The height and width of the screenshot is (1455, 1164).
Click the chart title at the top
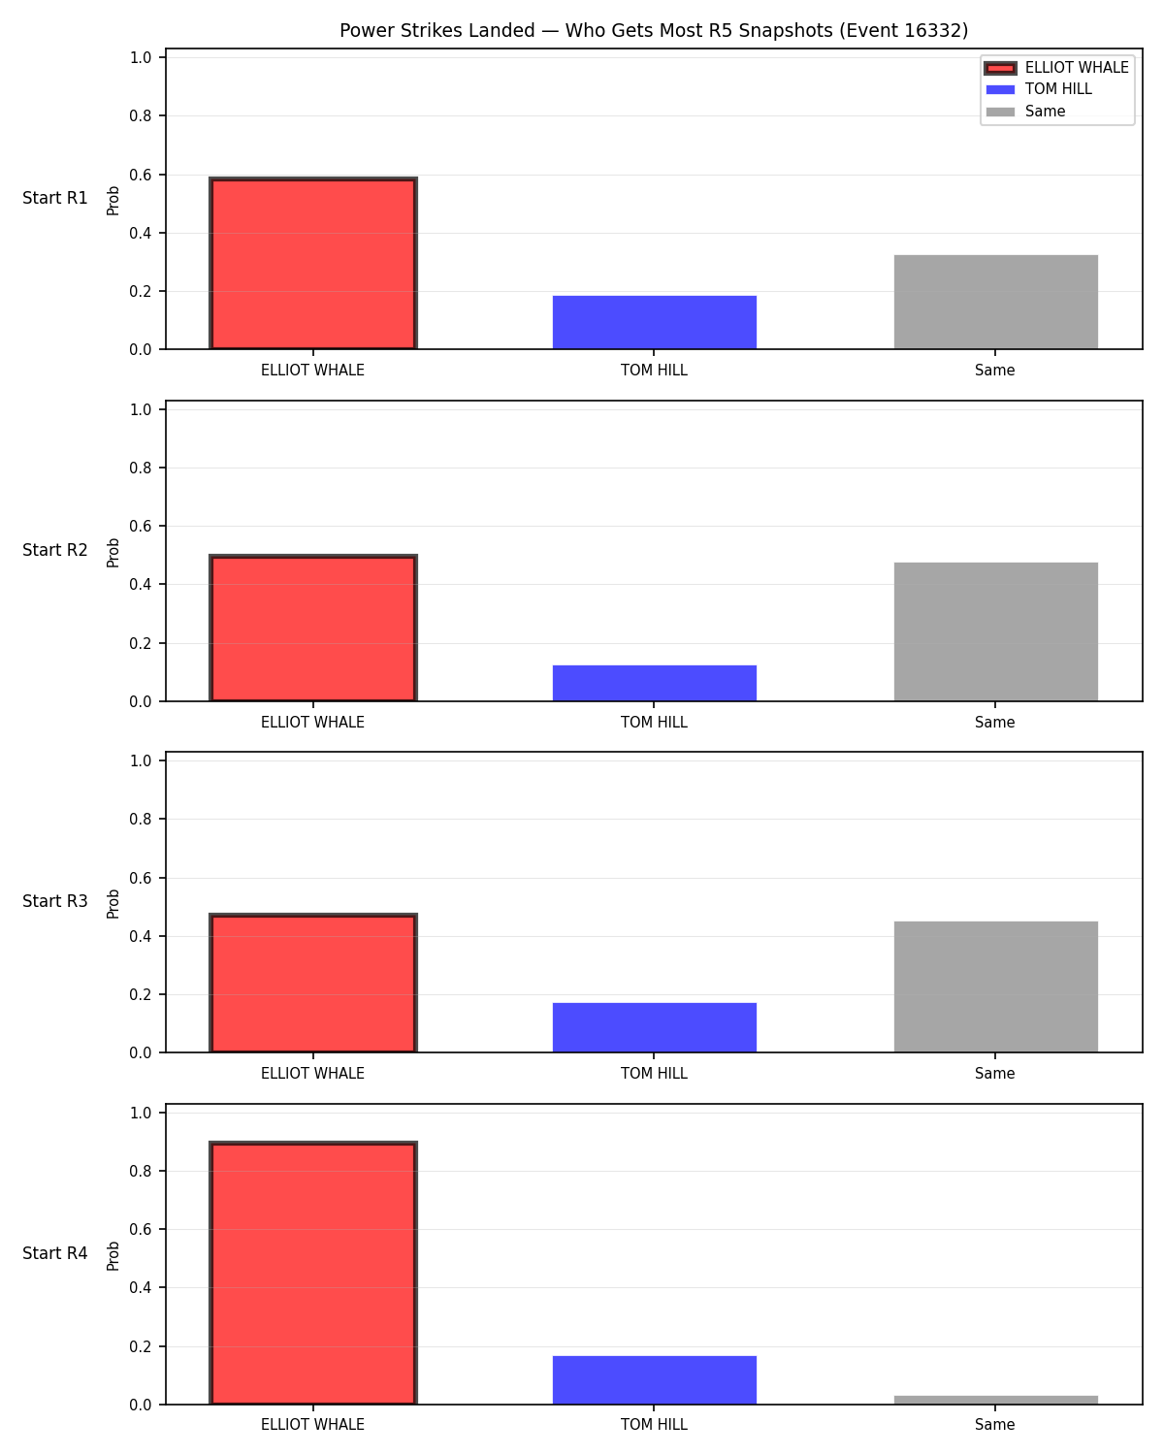[x=654, y=30]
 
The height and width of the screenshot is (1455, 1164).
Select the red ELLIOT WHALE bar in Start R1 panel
[x=313, y=263]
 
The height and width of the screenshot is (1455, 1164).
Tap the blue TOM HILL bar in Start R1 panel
[x=654, y=322]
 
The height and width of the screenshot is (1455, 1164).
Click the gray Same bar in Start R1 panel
[x=995, y=303]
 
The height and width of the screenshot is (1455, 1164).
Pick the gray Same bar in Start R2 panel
[x=995, y=631]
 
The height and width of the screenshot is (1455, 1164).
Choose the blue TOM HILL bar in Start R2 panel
[x=654, y=683]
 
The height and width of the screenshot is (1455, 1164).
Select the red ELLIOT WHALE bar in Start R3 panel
[x=313, y=983]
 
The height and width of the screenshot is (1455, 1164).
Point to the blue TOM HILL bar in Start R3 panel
[x=654, y=1027]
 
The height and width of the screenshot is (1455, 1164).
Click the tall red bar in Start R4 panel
[x=313, y=1273]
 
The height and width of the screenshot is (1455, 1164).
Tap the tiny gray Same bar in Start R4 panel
[x=995, y=1400]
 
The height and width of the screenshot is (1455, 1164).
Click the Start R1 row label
[x=54, y=198]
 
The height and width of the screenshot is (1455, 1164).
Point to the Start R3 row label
[x=54, y=901]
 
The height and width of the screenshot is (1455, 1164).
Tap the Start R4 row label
[x=54, y=1253]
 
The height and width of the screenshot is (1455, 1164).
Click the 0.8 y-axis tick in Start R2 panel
[x=140, y=468]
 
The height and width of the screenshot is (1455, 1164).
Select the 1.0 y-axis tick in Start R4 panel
[x=140, y=1113]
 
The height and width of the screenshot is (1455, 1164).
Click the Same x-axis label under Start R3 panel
[x=994, y=1073]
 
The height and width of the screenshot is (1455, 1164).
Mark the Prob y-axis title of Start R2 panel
[x=113, y=552]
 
